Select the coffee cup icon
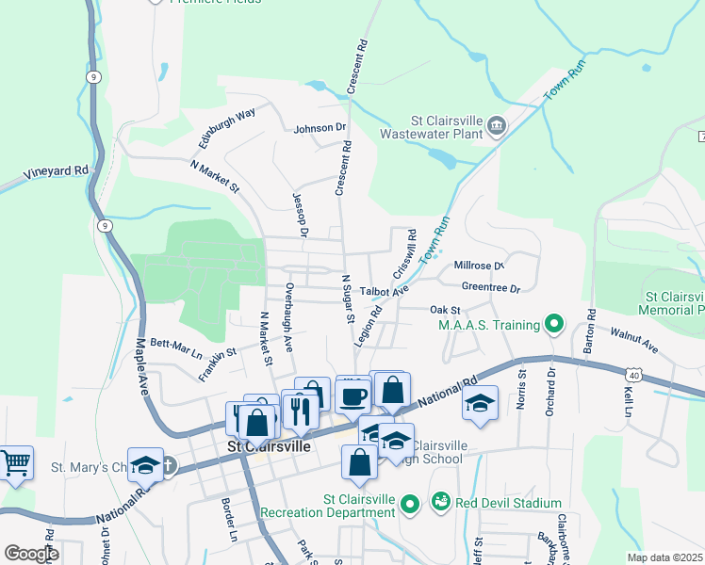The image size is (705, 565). (352, 396)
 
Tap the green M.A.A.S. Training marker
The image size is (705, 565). (554, 326)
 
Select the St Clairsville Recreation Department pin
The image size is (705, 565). (409, 506)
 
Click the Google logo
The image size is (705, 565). (31, 553)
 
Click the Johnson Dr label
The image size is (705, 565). (320, 128)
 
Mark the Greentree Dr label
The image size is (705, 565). (491, 288)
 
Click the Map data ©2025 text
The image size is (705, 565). (664, 557)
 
